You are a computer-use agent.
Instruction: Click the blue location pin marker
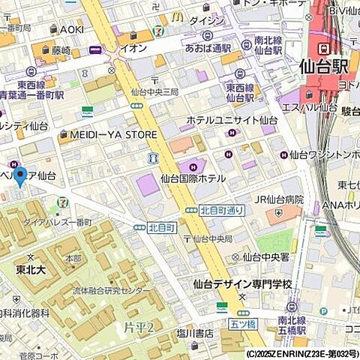click(20, 176)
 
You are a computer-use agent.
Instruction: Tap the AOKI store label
click(71, 29)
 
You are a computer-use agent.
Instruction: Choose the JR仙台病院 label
click(279, 199)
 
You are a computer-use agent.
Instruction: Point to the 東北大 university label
click(31, 268)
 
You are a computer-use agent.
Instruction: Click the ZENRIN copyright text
click(301, 353)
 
